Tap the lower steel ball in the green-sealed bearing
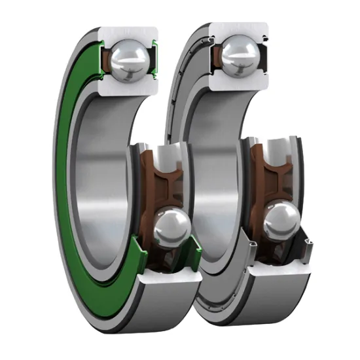coord(171,226)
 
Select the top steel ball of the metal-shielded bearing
coord(236,56)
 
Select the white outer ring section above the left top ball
coord(128,34)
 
